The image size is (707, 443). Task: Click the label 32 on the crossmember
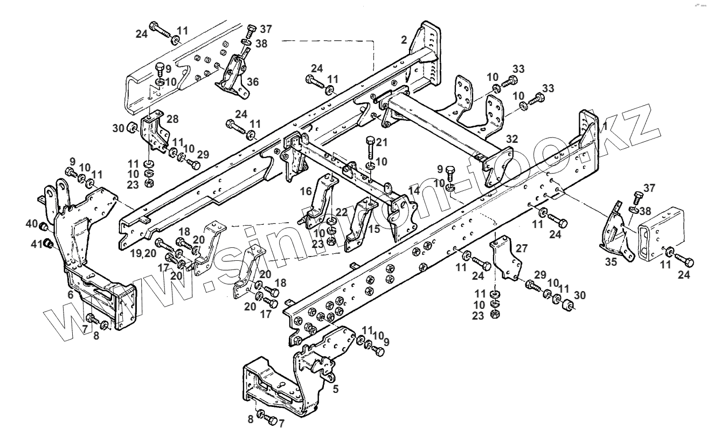(x=512, y=139)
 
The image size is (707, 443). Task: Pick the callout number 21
(x=382, y=142)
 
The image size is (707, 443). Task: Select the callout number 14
(x=413, y=190)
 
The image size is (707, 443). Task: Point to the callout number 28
(x=172, y=119)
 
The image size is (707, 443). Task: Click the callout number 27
(x=521, y=249)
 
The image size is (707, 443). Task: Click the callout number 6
(x=71, y=294)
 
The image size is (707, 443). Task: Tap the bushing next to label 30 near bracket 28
(x=131, y=128)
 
